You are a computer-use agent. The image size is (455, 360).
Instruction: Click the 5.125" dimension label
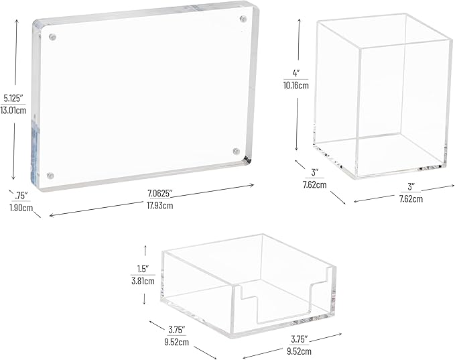13,99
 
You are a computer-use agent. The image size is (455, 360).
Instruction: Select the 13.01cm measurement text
13,111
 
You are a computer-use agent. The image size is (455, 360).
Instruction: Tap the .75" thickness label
21,195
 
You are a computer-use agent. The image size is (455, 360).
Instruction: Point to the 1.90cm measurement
21,208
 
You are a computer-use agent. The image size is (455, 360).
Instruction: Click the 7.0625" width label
160,193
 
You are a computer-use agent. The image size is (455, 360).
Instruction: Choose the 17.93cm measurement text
160,206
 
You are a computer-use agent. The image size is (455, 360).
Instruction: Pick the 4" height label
296,73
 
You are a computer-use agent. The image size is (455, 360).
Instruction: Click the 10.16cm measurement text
296,85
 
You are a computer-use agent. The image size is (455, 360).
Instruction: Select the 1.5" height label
143,269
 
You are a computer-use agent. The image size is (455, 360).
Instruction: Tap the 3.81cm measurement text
143,281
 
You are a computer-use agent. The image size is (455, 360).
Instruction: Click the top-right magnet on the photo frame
243,19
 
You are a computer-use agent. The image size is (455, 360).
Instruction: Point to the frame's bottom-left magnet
50,176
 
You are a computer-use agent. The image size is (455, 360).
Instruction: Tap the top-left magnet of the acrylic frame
52,37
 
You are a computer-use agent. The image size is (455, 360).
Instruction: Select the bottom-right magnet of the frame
237,152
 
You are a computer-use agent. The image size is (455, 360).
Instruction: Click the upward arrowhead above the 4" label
299,21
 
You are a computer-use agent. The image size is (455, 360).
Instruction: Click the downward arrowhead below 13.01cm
13,178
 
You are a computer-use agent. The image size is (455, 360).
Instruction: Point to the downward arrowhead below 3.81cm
144,302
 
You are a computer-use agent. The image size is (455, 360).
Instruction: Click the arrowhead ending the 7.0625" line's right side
252,184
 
